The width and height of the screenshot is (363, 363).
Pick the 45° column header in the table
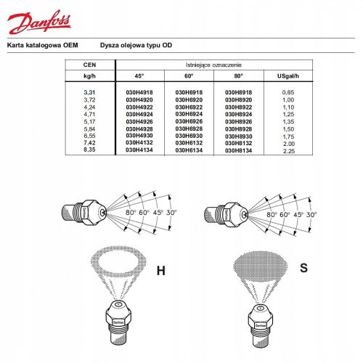click(x=139, y=75)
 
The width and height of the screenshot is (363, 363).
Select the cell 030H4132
click(x=140, y=145)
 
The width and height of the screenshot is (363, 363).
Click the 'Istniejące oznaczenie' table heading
click(x=218, y=65)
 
